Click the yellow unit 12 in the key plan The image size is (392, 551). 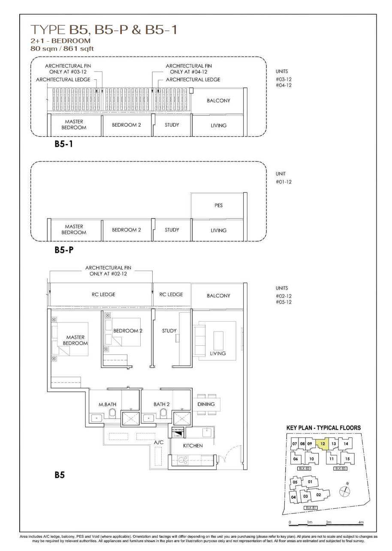click(323, 444)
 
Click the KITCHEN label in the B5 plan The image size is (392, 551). click(193, 446)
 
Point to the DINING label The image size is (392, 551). click(206, 404)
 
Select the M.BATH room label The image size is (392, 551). click(107, 404)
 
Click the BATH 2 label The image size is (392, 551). click(162, 404)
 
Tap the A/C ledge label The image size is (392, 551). click(159, 442)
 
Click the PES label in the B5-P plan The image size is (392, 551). click(218, 205)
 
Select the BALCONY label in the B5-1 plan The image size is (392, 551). click(218, 100)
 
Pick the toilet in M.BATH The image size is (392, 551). click(112, 413)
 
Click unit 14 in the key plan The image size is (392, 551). click(346, 444)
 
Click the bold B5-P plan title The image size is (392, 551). click(64, 250)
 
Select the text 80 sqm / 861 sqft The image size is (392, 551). click(62, 48)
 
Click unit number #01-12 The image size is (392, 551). click(283, 182)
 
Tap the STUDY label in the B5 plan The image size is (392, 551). click(169, 331)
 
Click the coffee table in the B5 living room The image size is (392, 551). click(218, 341)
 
